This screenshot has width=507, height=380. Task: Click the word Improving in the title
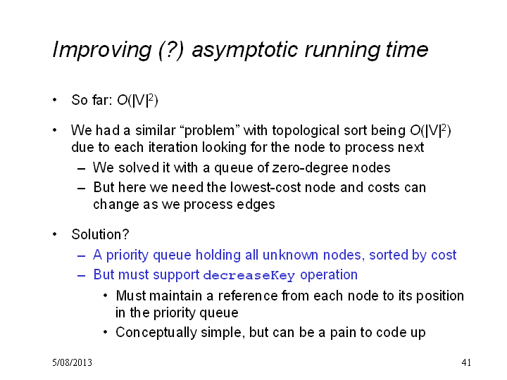point(102,50)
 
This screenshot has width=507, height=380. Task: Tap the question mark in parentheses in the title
point(171,50)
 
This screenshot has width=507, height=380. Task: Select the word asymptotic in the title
point(244,50)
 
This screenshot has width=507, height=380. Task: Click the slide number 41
point(466,362)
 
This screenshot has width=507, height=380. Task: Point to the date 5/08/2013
point(72,362)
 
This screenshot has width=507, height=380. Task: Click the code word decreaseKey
point(249,275)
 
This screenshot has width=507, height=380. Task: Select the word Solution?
point(100,234)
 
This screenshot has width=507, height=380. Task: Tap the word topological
point(306,131)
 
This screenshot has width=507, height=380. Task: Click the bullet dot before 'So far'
point(55,100)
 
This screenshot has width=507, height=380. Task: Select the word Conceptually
point(156,333)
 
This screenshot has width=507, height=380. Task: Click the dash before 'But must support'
point(81,276)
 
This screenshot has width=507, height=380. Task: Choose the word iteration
point(173,148)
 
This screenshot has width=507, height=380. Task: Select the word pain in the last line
point(343,333)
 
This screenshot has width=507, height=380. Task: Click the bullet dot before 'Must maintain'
point(106,296)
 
